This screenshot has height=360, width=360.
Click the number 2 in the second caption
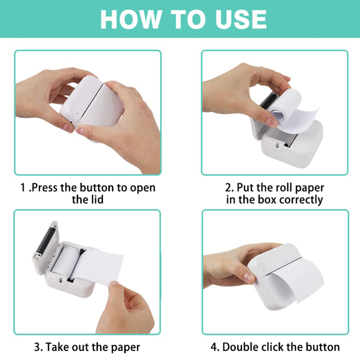point(228,187)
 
